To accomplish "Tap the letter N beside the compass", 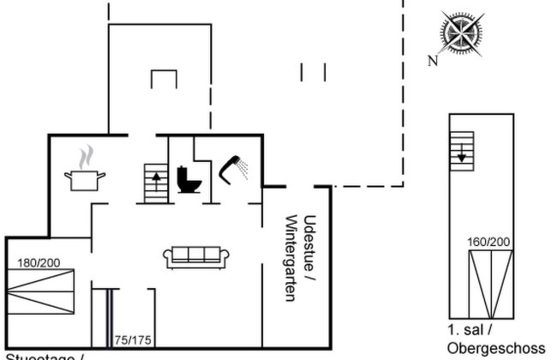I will (434, 60).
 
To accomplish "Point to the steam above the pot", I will (85, 157).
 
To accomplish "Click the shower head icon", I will (232, 168).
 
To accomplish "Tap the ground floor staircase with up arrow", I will (155, 183).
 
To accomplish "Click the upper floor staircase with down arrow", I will (461, 152).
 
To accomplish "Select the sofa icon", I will (197, 255).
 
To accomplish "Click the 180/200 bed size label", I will (39, 262).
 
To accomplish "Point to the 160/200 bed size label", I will (488, 243).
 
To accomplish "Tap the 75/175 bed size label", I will (133, 340).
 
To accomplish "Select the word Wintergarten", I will (290, 257).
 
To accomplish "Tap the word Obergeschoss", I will (496, 348).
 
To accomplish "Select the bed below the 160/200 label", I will (488, 283).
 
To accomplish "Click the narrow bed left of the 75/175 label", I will (101, 319).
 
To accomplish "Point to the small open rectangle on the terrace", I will (163, 79).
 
